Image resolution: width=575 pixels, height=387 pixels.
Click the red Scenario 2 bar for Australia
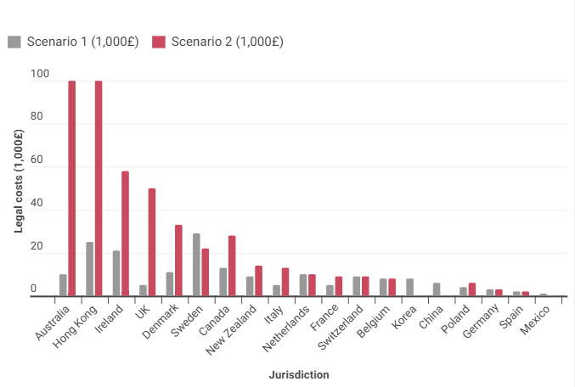[x=72, y=188]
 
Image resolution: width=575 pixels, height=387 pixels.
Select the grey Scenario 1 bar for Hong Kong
[x=89, y=269]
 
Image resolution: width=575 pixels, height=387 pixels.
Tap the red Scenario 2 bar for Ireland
[x=125, y=233]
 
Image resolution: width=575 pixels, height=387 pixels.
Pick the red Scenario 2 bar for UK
[x=152, y=242]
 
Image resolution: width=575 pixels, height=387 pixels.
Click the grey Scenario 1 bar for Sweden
[x=196, y=265]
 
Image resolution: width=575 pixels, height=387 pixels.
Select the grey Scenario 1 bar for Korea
[x=409, y=288]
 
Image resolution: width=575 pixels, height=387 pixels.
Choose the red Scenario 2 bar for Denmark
[x=178, y=261]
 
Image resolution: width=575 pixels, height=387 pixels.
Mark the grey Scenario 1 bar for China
[x=437, y=289]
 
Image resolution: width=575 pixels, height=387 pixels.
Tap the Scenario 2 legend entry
[x=217, y=42]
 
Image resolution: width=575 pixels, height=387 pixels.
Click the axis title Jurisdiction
[x=299, y=374]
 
